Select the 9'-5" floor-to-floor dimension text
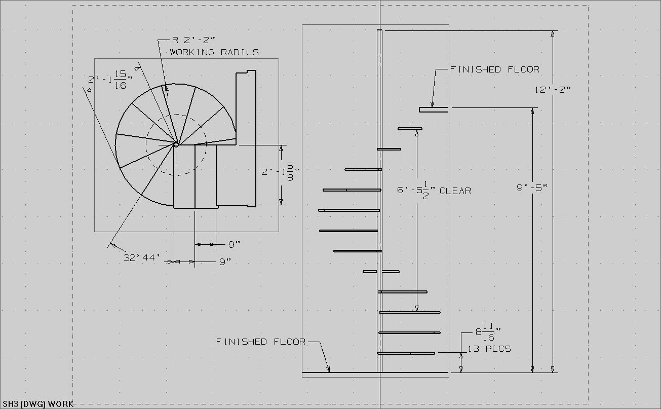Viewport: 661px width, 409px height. pyautogui.click(x=532, y=188)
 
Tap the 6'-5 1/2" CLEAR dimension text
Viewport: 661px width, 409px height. pyautogui.click(x=434, y=191)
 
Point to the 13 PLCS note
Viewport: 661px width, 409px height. pyautogui.click(x=489, y=349)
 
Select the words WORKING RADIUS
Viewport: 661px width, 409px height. pyautogui.click(x=214, y=52)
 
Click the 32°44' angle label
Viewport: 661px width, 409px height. pyautogui.click(x=142, y=257)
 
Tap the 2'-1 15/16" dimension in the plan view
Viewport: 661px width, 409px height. pyautogui.click(x=109, y=80)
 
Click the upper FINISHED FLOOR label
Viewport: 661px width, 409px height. pyautogui.click(x=495, y=69)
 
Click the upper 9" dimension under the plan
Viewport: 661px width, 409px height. pyautogui.click(x=234, y=245)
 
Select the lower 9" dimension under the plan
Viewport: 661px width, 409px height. pyautogui.click(x=225, y=262)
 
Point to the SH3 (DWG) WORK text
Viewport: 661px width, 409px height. pyautogui.click(x=37, y=404)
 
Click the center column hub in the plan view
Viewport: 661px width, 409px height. pyautogui.click(x=176, y=144)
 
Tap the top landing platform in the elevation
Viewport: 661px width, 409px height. pyautogui.click(x=434, y=109)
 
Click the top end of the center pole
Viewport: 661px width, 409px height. pyautogui.click(x=379, y=32)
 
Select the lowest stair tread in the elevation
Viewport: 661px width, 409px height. pyautogui.click(x=406, y=353)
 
